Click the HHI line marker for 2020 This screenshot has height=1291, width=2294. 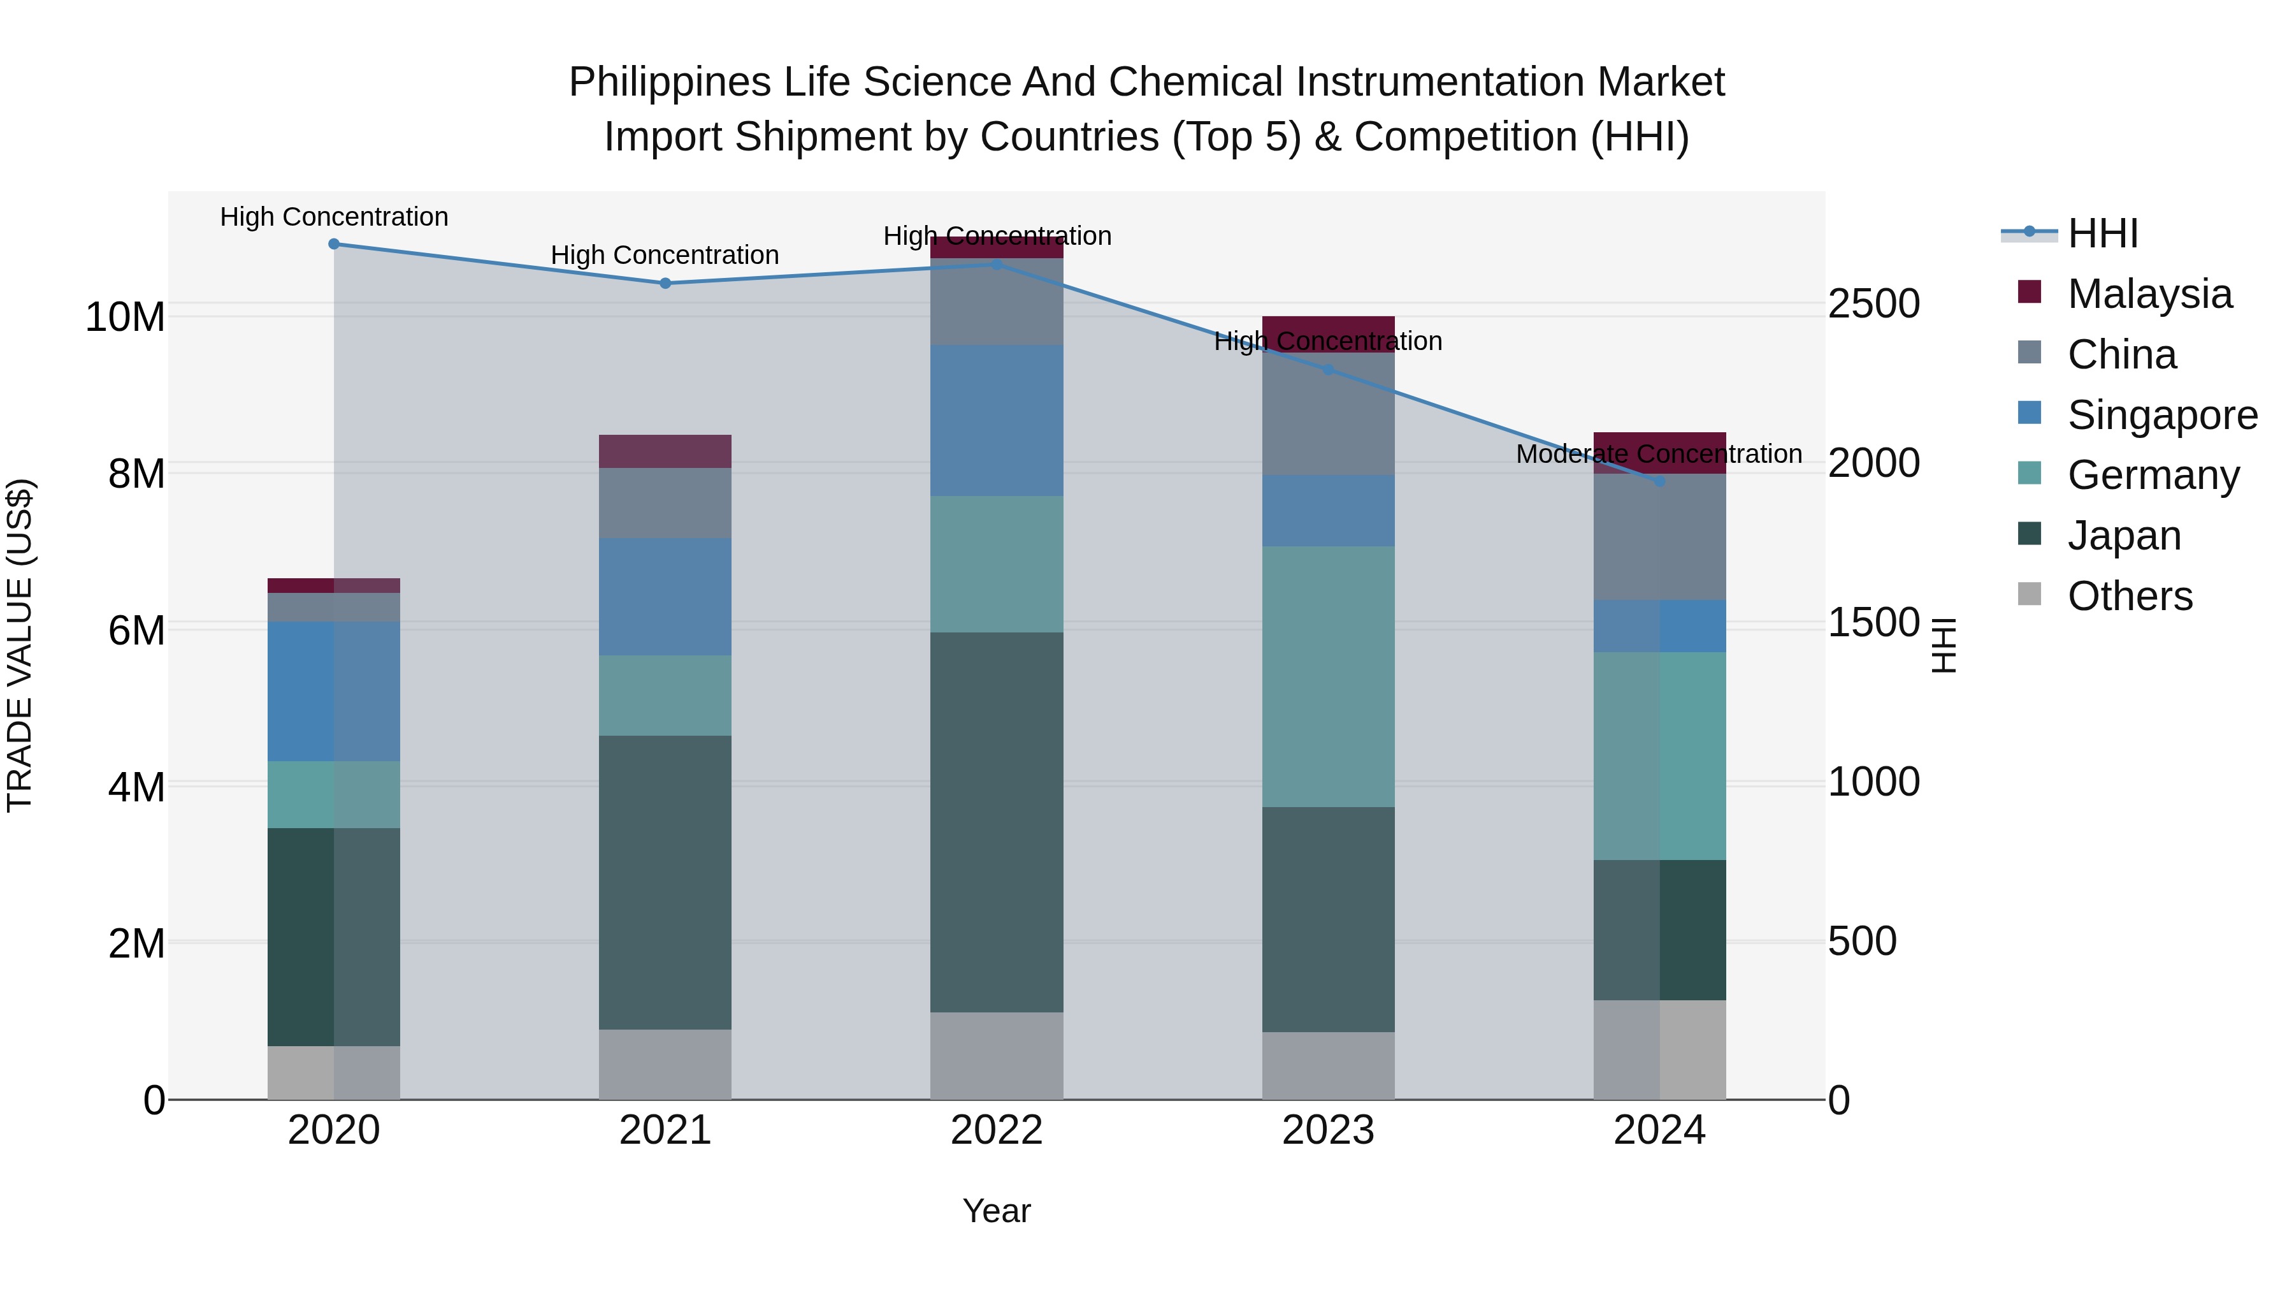point(334,244)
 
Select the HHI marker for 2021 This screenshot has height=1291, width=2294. point(665,283)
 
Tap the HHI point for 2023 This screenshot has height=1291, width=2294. point(1328,369)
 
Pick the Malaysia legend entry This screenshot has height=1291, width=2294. point(2148,294)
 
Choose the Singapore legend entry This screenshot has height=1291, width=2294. point(2161,415)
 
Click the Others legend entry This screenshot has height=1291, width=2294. point(2128,596)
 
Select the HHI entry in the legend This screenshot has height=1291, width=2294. point(2102,233)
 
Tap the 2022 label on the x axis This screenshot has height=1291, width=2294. point(997,1130)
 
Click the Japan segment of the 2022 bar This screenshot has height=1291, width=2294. point(997,822)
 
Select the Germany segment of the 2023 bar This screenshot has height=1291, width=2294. point(1328,677)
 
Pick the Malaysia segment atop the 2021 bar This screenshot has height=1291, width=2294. point(665,452)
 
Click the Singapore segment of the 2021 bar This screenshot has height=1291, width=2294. point(665,597)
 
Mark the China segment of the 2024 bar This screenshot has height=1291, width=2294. point(1659,537)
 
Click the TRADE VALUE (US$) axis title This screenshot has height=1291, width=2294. point(20,645)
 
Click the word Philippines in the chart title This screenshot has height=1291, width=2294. point(670,83)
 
